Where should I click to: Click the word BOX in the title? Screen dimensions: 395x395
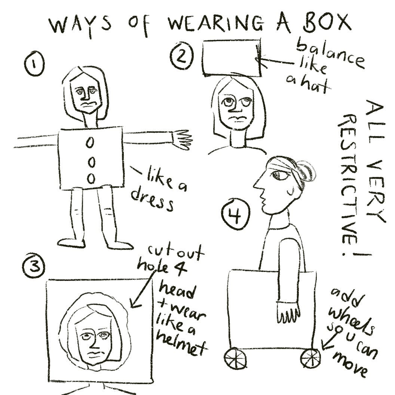click(328, 24)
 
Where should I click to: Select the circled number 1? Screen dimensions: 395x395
click(34, 64)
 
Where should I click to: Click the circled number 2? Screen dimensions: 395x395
click(182, 56)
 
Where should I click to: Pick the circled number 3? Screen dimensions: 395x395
click(34, 267)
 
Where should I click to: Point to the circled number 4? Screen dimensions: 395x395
click(236, 214)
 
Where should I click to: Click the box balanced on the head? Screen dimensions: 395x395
click(232, 58)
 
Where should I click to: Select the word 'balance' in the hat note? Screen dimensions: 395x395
click(330, 55)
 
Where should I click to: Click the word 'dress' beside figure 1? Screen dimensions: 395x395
click(152, 200)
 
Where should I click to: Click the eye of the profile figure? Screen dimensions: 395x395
click(281, 175)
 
